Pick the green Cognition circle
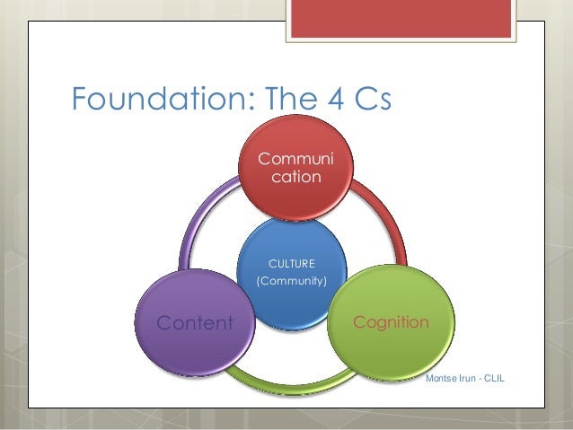390,321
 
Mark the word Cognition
390,321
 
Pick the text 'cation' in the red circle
295,177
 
